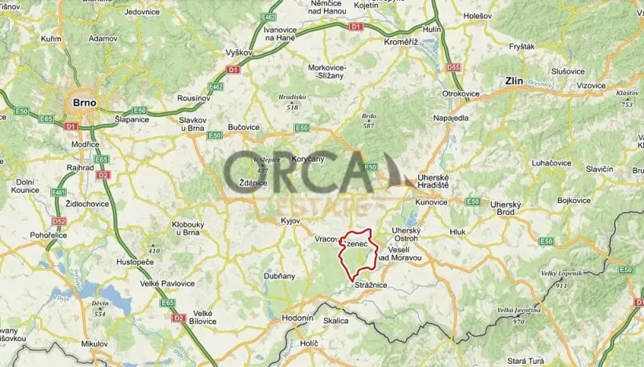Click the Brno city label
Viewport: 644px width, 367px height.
[x=84, y=102]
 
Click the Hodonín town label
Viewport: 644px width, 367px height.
[x=298, y=318]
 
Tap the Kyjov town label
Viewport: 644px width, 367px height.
[x=290, y=221]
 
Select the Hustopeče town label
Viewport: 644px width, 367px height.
[x=133, y=262]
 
